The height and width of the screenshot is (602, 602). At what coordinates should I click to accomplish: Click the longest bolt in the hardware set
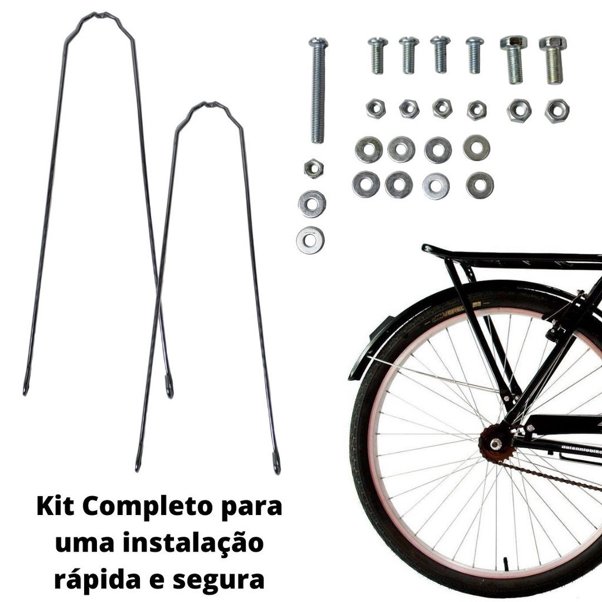(318, 90)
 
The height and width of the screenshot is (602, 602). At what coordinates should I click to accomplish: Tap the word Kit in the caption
(55, 507)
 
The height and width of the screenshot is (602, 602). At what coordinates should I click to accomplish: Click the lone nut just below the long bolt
(314, 168)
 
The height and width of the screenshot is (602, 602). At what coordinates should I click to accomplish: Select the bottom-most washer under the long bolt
(310, 240)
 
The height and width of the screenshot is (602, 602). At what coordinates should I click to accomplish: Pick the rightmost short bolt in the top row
(553, 59)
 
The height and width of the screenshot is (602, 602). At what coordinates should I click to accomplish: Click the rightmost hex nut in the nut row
(557, 111)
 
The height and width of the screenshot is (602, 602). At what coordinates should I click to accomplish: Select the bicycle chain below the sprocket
(550, 476)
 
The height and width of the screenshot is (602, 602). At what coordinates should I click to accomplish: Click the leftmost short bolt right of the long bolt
(378, 55)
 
